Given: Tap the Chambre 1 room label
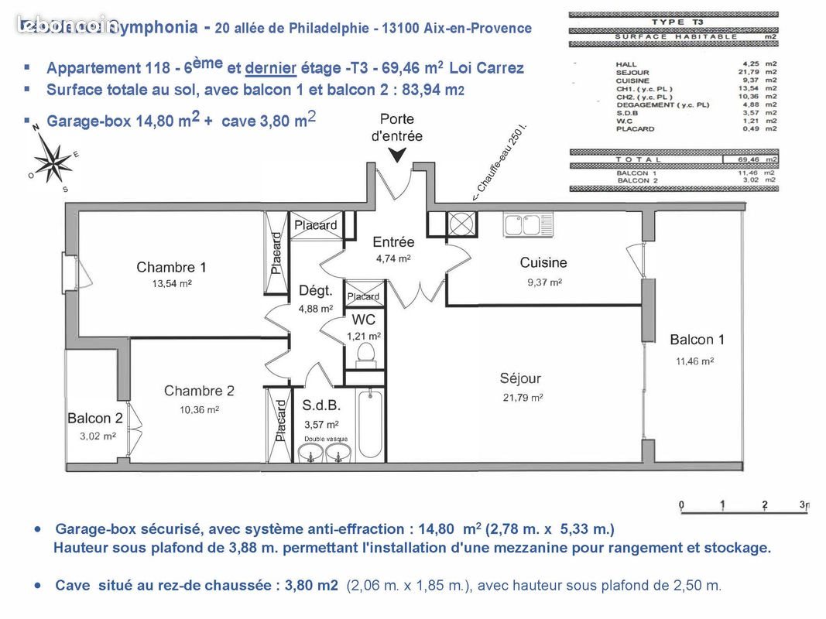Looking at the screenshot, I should point(171,268).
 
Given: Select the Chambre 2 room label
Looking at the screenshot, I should point(199,392).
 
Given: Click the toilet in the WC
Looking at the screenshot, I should point(365,354).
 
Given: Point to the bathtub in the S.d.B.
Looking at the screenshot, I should point(370,425).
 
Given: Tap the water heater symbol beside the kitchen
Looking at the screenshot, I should point(462,224).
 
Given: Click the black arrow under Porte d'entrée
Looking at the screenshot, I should point(396,156).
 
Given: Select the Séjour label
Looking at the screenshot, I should point(520,379).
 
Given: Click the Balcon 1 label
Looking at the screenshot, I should point(697,340).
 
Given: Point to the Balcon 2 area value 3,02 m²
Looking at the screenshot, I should point(98,436).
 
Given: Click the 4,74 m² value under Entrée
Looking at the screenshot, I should point(393,259).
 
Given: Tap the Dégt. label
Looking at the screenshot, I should point(315,291).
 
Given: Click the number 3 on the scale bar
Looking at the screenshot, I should point(804,505).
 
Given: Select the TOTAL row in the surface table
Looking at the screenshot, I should point(673,159).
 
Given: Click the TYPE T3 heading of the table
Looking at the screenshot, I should point(673,22).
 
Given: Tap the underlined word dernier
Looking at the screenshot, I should point(271,68).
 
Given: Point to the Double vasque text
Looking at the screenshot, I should point(325,439).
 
